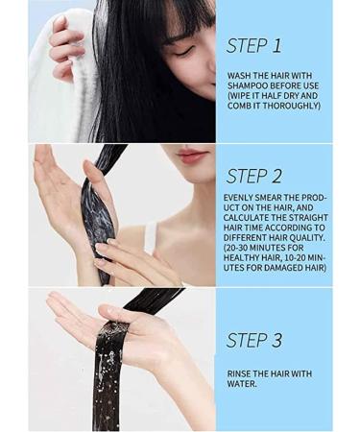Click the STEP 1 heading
253,45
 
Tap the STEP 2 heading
254,175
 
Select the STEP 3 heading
254,340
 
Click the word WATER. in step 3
244,384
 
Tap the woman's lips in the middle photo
191,155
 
